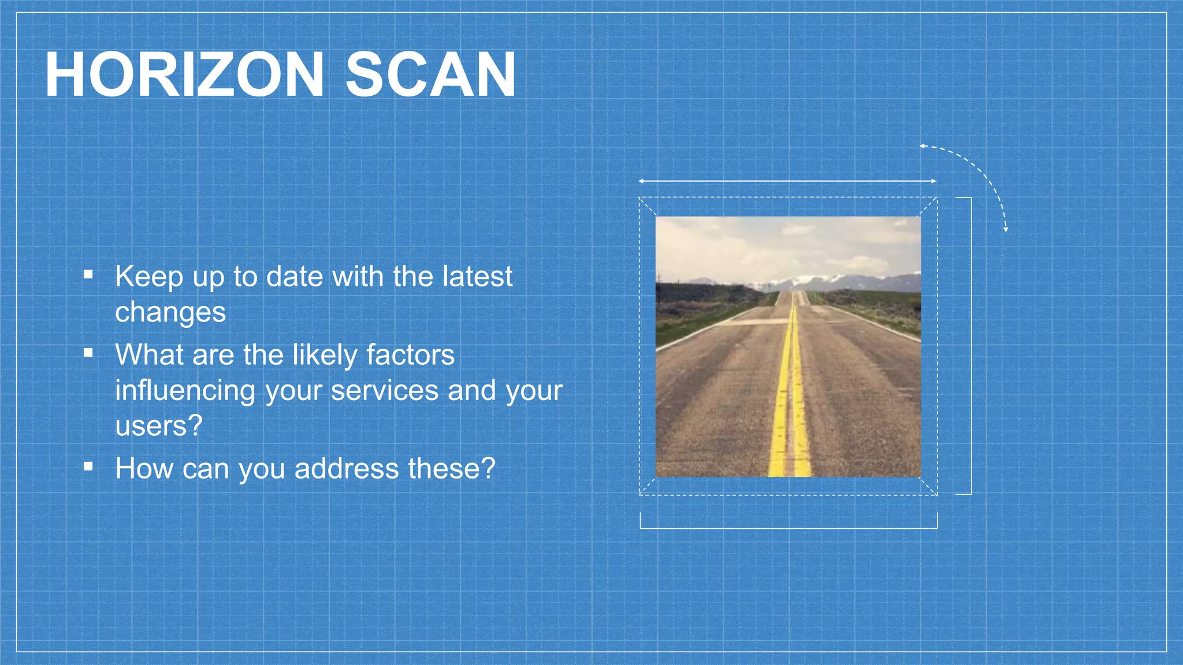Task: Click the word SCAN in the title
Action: [430, 75]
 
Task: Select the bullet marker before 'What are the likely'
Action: [88, 352]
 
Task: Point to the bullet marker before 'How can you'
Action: [88, 466]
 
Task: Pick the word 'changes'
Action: [170, 313]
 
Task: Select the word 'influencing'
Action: [185, 390]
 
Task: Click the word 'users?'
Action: [159, 426]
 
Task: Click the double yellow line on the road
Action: [790, 404]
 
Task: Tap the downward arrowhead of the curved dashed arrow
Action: [1006, 229]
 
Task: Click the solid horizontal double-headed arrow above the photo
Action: [787, 181]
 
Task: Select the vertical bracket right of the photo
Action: [971, 346]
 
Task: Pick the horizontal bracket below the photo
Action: [788, 528]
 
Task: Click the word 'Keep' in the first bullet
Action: [149, 276]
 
